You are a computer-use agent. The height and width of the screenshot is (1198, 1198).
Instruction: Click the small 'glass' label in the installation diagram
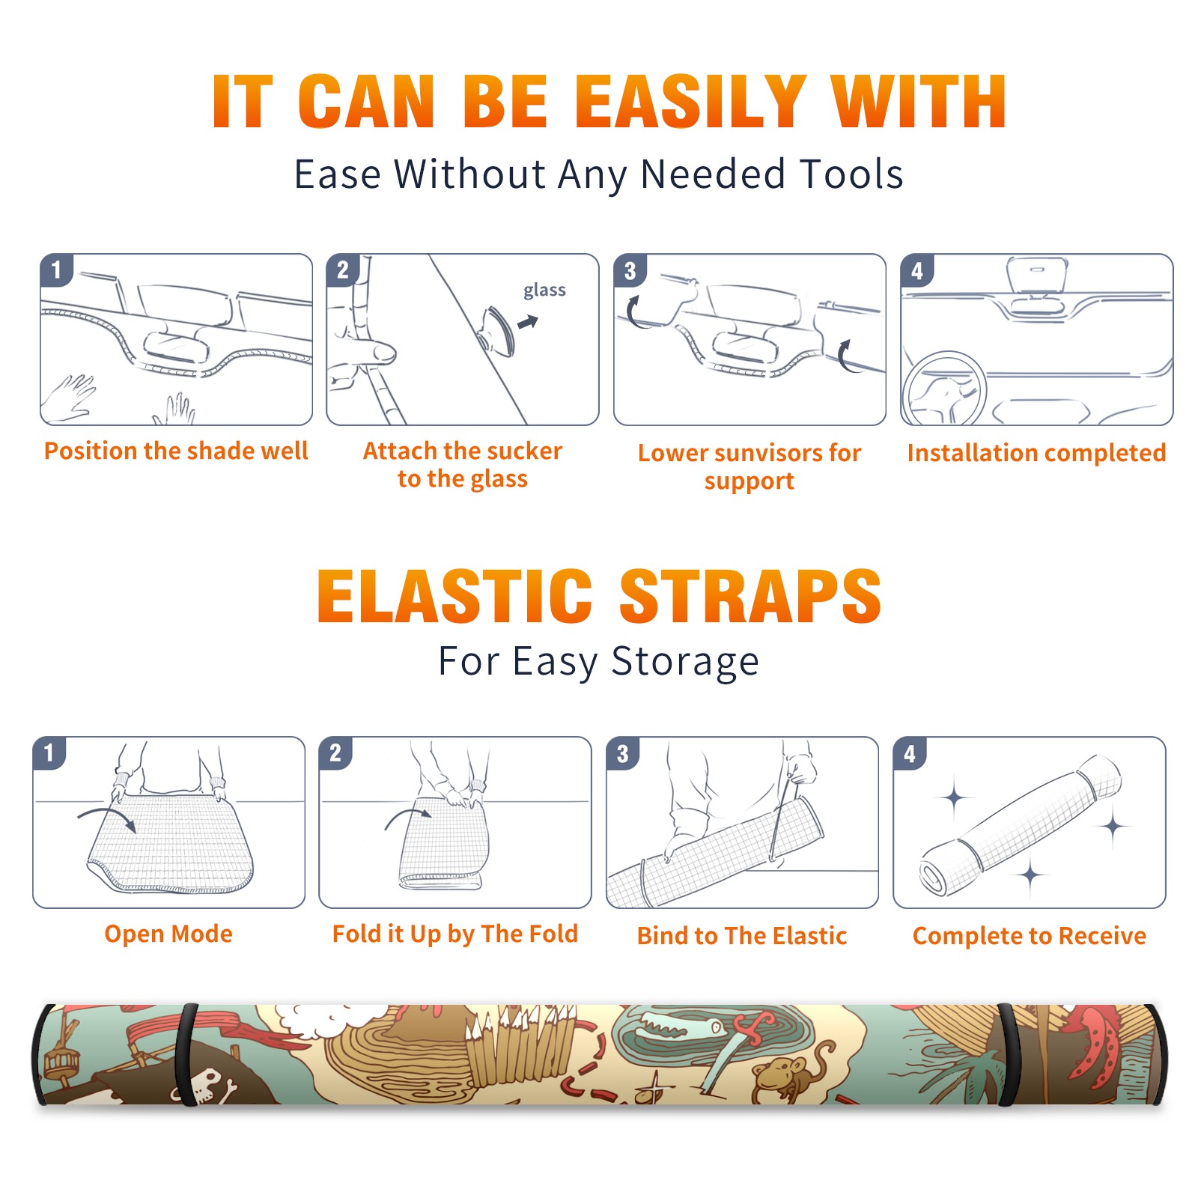point(544,291)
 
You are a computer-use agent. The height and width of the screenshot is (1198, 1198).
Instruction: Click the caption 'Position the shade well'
point(176,451)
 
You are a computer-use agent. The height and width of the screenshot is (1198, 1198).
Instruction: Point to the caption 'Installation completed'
point(1036,453)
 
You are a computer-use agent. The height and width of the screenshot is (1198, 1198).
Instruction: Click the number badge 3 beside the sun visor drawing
point(629,270)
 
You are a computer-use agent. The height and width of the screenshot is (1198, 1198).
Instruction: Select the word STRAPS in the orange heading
point(750,596)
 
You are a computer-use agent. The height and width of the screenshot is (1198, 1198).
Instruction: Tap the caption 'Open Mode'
point(168,934)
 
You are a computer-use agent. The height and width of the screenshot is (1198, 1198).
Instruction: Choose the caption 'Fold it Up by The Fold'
point(455,934)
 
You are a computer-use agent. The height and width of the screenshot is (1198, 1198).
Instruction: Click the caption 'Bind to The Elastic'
point(742,936)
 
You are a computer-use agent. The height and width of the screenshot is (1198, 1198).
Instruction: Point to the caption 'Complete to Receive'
point(1030,936)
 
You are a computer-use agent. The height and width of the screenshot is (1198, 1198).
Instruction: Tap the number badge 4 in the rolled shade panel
point(909,753)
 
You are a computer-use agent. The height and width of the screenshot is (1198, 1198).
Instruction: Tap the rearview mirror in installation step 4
point(1036,276)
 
